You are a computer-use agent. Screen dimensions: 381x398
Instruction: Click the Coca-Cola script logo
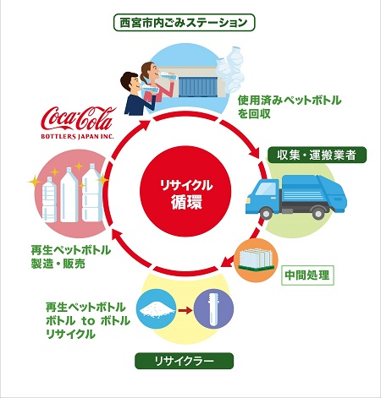79,118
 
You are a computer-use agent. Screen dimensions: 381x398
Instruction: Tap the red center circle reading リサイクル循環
185,191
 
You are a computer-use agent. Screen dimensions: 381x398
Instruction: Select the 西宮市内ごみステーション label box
184,23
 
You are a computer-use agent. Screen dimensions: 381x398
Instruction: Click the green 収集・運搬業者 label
317,155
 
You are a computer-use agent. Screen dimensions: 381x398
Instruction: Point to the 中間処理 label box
307,275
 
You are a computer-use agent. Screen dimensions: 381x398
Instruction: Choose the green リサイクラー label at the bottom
184,361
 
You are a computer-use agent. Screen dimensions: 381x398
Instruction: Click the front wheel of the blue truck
266,213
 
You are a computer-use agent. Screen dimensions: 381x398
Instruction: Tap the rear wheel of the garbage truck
318,213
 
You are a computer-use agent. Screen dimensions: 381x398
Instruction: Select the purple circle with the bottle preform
214,309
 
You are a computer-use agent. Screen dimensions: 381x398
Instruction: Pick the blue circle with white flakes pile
156,309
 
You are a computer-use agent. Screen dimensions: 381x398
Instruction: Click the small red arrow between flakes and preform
185,310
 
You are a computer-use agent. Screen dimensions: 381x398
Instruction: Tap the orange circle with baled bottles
256,260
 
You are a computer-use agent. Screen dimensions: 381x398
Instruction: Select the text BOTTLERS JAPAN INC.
78,137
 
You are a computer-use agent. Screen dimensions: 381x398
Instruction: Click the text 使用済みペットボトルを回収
290,107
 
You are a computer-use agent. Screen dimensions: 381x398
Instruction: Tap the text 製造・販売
58,264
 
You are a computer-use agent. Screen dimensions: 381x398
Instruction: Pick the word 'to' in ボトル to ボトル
88,321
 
